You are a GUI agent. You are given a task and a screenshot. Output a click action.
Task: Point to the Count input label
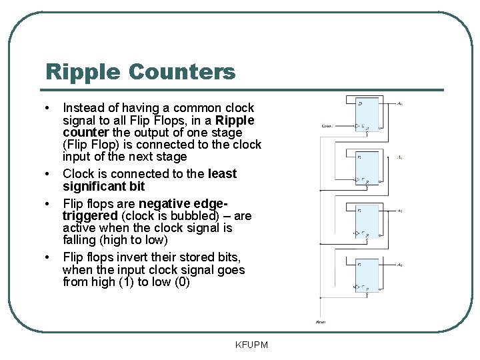tap(327, 125)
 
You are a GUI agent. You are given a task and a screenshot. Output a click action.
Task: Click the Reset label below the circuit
tap(321, 322)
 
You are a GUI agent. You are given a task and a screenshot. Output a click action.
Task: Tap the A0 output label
tap(399, 103)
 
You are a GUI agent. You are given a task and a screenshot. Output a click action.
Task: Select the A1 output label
tap(399, 157)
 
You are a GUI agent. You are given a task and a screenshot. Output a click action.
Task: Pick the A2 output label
tap(399, 211)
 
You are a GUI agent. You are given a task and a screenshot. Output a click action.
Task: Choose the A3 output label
tap(399, 265)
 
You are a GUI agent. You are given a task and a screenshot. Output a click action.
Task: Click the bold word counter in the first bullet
tap(83, 132)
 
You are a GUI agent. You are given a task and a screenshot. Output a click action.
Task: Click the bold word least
tap(222, 173)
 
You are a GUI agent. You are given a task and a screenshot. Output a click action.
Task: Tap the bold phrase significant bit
tap(103, 186)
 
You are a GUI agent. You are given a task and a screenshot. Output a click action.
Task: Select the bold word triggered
tap(89, 215)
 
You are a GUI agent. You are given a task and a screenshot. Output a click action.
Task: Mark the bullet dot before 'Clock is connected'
tap(48, 175)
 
